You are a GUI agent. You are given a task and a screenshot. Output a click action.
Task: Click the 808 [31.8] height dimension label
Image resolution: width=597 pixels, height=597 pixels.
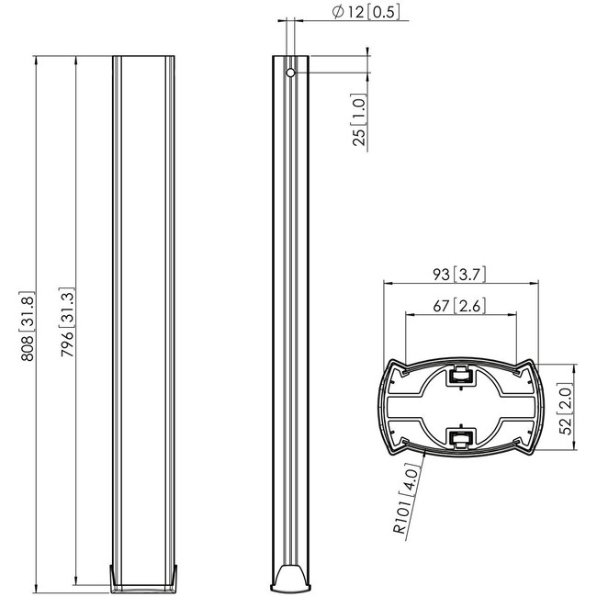point(28,326)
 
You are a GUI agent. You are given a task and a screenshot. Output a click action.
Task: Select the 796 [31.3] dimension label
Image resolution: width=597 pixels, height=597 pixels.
point(68,322)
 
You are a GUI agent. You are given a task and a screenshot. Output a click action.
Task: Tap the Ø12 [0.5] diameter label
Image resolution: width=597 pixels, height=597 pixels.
point(366,12)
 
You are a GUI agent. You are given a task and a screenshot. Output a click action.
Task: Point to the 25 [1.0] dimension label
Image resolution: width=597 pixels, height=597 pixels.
point(359,120)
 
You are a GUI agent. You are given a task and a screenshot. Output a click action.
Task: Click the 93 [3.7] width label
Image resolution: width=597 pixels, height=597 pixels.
point(459,274)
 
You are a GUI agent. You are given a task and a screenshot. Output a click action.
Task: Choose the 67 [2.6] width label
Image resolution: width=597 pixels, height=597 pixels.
point(459,306)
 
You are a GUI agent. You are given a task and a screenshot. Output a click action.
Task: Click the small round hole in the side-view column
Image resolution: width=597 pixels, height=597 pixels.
point(290,73)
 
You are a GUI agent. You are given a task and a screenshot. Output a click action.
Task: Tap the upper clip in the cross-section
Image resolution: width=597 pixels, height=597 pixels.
point(461,376)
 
